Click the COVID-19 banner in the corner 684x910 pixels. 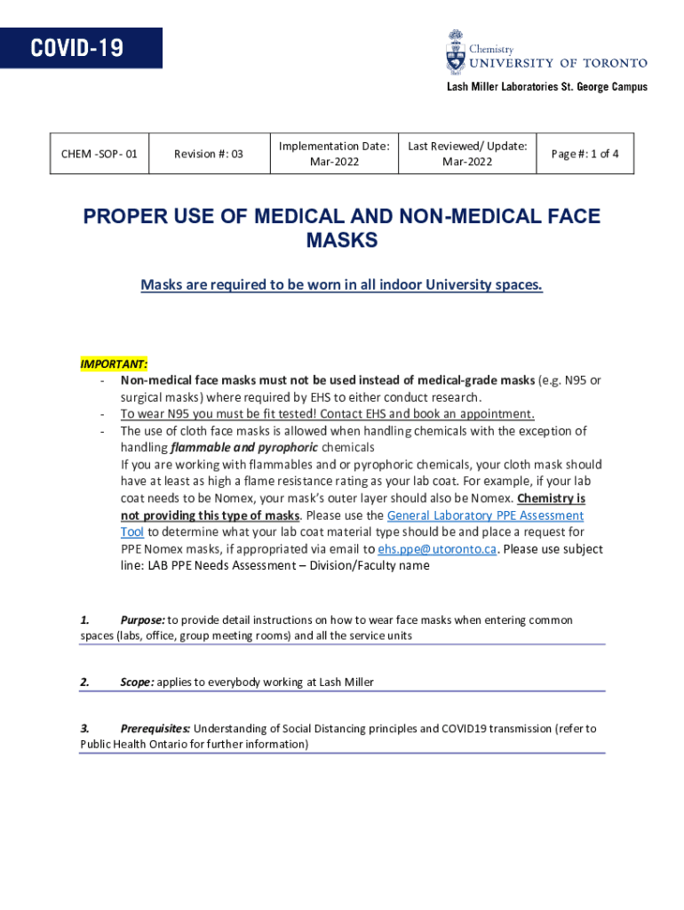[81, 48]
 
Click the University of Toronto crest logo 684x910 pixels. [455, 52]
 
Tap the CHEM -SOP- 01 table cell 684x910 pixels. [99, 154]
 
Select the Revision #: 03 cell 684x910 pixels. [208, 154]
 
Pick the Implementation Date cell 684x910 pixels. [334, 154]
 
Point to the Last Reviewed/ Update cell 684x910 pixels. [467, 154]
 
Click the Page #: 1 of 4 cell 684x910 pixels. [585, 154]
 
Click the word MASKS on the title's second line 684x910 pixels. [342, 240]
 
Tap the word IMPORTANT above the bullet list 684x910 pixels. [114, 364]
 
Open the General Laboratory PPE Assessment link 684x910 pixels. [486, 515]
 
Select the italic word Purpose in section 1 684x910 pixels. [142, 619]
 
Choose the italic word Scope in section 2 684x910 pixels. [138, 682]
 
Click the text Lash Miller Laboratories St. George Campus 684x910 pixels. [546, 87]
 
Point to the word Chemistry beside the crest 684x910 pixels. [491, 50]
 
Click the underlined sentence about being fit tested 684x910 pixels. [328, 413]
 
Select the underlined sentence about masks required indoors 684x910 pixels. [341, 285]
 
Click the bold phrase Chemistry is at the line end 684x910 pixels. [551, 499]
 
